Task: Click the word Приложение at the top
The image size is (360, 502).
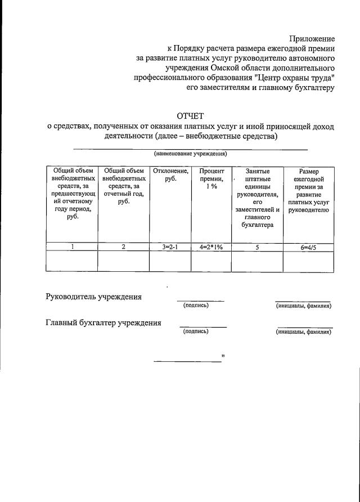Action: pos(312,39)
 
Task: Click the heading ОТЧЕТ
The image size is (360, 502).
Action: pos(190,116)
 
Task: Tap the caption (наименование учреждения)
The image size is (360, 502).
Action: pos(190,154)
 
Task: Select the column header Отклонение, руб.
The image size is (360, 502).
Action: pos(170,175)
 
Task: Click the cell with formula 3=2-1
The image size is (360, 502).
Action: pos(170,246)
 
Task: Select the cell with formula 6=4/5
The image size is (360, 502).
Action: pos(308,246)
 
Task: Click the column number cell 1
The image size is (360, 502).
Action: pos(72,246)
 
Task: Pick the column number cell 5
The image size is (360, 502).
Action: pos(257,246)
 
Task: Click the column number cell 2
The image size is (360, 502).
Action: pos(123,246)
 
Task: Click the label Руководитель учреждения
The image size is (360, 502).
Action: pos(93,297)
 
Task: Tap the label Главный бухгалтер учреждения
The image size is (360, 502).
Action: pos(103,322)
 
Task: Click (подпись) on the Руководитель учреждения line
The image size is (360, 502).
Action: pos(196,306)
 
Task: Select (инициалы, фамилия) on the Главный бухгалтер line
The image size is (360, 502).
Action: pos(303,332)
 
